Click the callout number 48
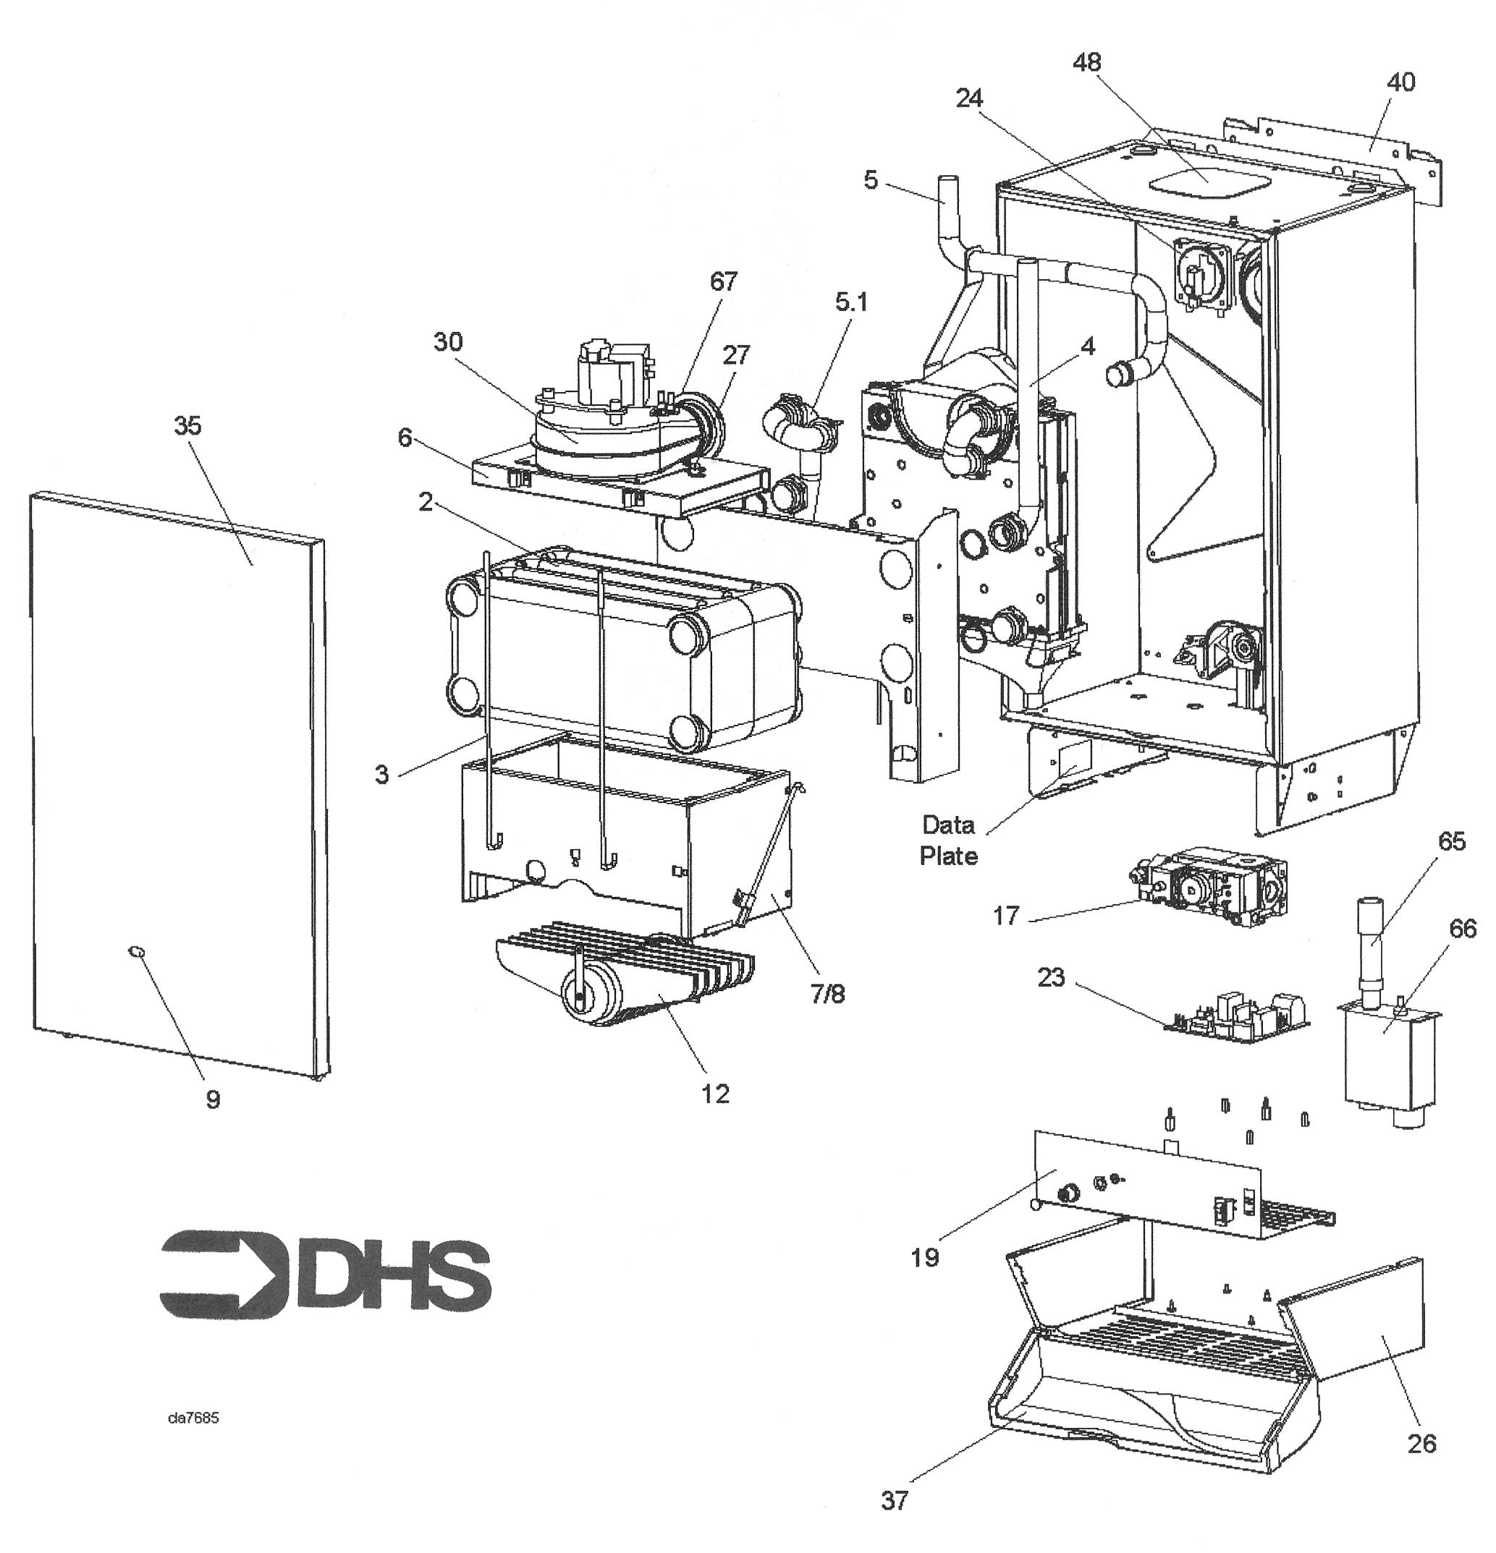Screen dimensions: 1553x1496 click(1087, 63)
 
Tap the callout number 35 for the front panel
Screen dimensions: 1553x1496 click(188, 426)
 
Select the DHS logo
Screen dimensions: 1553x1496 click(325, 1274)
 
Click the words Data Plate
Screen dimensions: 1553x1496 click(948, 840)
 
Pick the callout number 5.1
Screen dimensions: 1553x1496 click(851, 302)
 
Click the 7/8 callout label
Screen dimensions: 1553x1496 click(828, 995)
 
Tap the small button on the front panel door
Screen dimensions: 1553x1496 click(136, 950)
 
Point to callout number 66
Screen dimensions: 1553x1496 click(1463, 929)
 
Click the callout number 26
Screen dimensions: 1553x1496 click(1421, 1444)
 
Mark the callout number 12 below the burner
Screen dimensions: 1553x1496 click(715, 1094)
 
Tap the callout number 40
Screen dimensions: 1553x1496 click(1402, 82)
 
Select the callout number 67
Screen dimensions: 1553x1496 click(723, 281)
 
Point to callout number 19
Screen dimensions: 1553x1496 click(925, 1256)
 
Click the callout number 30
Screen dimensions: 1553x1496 click(448, 342)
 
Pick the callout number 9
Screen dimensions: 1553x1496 click(213, 1099)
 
